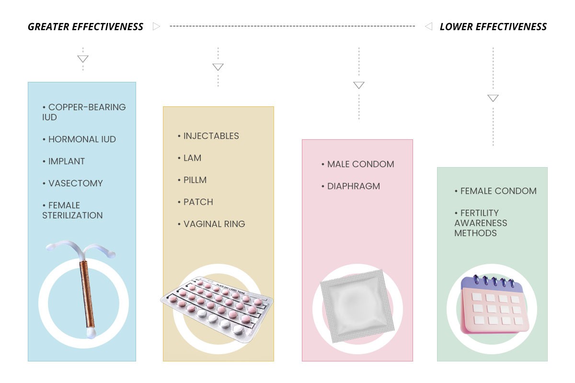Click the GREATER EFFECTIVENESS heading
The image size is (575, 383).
(x=85, y=27)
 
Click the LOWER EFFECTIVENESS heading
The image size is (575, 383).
(x=493, y=27)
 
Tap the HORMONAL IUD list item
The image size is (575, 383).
(x=80, y=139)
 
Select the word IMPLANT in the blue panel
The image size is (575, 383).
(x=67, y=161)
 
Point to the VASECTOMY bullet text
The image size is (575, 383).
(x=76, y=183)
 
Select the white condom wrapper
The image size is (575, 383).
(x=357, y=306)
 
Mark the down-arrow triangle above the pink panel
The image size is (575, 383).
(x=359, y=85)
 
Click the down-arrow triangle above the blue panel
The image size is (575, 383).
(x=83, y=59)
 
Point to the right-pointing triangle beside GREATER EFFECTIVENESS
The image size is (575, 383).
(x=156, y=26)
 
